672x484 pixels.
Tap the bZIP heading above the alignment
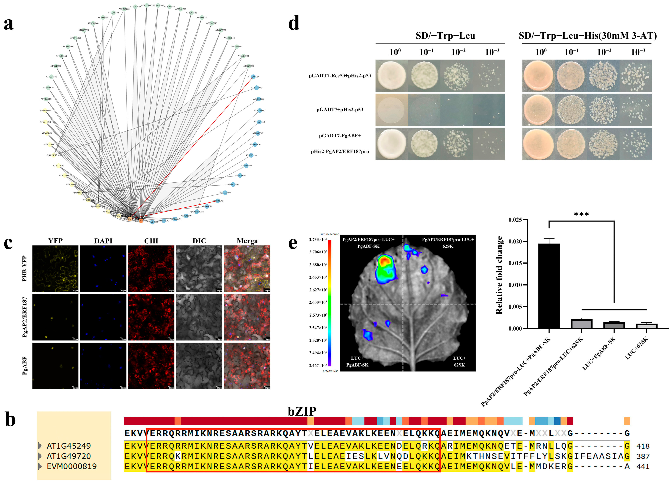click(302, 411)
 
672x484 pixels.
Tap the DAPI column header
click(103, 241)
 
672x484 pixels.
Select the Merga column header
click(247, 241)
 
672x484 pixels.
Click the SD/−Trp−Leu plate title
click(445, 36)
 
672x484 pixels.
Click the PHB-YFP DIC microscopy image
click(199, 268)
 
